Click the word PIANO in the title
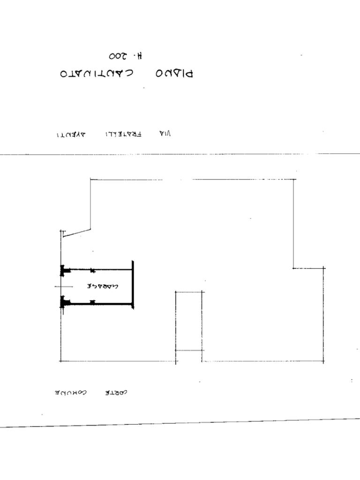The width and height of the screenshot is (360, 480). coord(174,74)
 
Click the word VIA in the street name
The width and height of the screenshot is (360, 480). coord(165,134)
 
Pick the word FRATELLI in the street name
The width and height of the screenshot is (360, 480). coord(123,134)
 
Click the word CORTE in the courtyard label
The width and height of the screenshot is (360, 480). coord(115,392)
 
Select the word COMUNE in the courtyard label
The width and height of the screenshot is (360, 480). coord(70,392)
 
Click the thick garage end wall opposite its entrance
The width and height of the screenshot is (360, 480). coord(133,285)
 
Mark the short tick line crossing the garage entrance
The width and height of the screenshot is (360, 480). coord(64,286)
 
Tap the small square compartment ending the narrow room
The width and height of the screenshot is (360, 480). coord(189,356)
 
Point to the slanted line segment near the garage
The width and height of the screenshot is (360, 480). coord(76,232)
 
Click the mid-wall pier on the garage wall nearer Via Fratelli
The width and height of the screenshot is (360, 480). coord(92,270)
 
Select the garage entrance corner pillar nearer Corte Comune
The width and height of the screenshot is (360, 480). coord(63,302)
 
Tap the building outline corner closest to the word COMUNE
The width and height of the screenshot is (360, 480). coord(60,361)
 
